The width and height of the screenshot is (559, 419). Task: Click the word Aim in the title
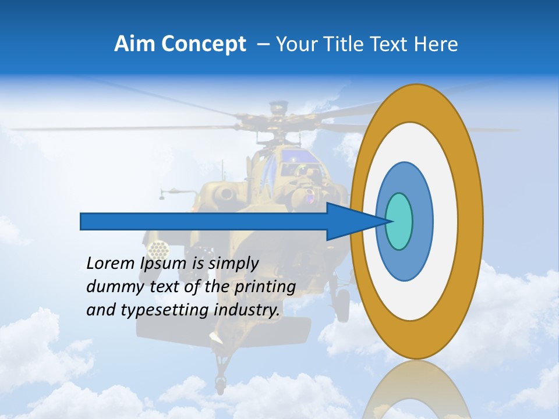(x=135, y=44)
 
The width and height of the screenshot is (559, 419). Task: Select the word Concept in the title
(x=204, y=44)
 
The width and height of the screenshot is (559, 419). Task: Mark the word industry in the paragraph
(x=247, y=310)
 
